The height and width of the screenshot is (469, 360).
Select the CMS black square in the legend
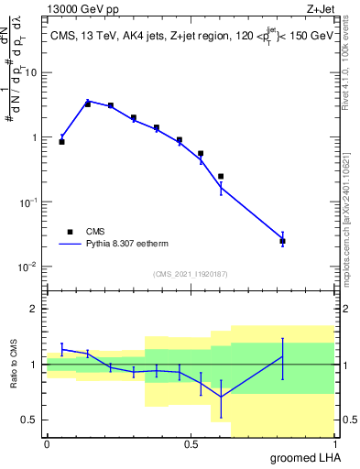point(70,232)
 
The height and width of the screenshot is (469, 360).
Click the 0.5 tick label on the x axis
point(191,444)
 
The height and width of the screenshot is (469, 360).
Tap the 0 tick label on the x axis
point(47,444)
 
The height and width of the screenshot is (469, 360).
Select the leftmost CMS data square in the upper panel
point(61,142)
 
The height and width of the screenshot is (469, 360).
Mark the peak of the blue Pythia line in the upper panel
point(88,101)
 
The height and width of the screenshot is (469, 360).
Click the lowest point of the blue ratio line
point(221,397)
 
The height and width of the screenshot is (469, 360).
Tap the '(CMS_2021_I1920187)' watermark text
point(191,273)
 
